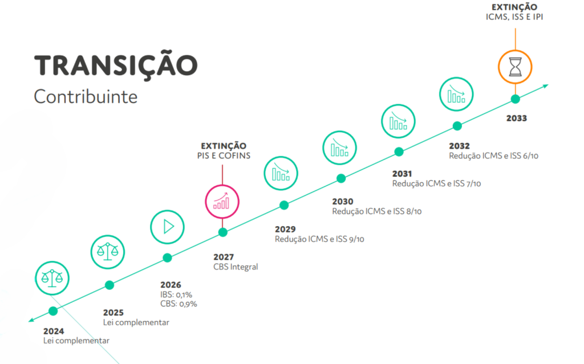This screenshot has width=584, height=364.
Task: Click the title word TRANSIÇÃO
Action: point(116,65)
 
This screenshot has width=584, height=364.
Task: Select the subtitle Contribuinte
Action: point(86,97)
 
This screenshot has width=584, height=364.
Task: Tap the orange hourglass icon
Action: point(515,67)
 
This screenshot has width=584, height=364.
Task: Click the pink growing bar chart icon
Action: point(222,202)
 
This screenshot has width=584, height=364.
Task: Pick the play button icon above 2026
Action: point(167,227)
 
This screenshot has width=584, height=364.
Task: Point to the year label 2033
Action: point(517,118)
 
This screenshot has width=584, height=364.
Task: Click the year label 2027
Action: point(224,257)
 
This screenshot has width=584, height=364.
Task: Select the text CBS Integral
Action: point(236,267)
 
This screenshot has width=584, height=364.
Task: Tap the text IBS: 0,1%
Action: point(176,295)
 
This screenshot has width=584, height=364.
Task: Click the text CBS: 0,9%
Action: point(179,304)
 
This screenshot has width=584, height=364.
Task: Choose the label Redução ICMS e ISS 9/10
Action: point(319,239)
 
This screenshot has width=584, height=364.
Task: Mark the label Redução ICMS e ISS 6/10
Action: point(493,156)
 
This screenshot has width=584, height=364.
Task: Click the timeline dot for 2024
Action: point(53,311)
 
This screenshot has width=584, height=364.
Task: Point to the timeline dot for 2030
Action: point(341,179)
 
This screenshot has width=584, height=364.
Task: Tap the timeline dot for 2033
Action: point(515,99)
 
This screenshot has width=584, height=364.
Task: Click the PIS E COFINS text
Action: point(224,156)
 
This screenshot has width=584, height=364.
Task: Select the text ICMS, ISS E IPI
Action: point(514,17)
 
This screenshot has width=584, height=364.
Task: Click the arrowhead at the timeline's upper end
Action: point(546,86)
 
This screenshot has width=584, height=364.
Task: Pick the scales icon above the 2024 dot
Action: point(52,278)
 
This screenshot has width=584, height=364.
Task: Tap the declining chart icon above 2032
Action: point(456,94)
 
